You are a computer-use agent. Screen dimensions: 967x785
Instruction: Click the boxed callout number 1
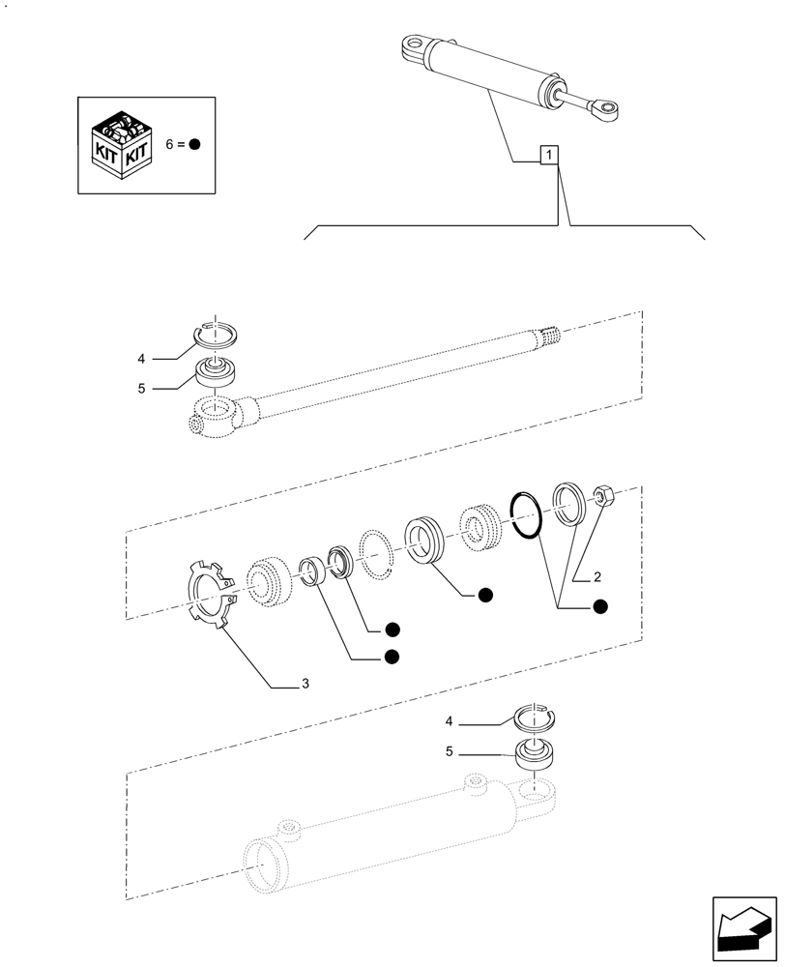[x=548, y=155]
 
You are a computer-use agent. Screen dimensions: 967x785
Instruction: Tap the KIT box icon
[x=122, y=145]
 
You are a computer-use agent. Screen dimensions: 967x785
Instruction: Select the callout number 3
[x=305, y=685]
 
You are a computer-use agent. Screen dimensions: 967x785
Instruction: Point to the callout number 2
[x=596, y=577]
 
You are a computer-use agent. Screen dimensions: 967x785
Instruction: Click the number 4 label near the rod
[x=141, y=359]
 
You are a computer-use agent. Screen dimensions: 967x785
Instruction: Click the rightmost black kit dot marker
[x=599, y=606]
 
